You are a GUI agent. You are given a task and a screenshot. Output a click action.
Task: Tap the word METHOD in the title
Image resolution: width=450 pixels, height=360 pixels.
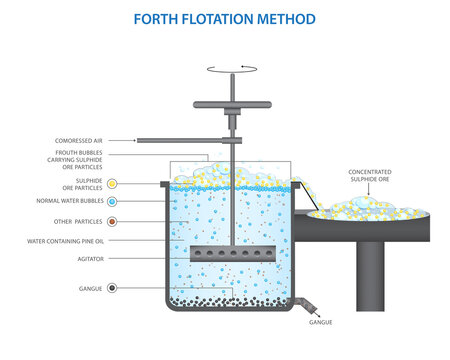(287, 19)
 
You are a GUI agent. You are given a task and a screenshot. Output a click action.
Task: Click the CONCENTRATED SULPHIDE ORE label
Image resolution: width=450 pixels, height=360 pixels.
(369, 176)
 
